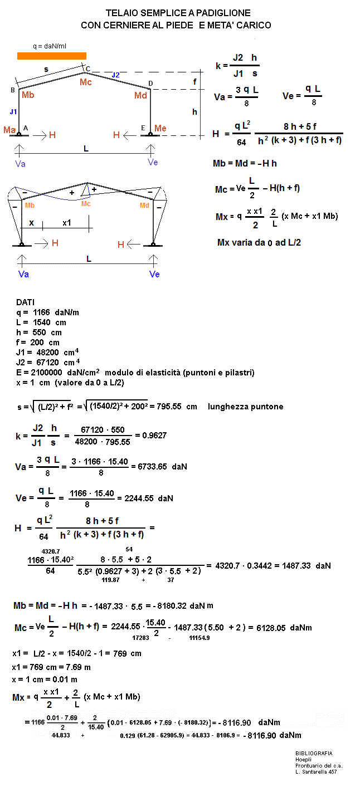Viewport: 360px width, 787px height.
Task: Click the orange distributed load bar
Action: click(x=52, y=56)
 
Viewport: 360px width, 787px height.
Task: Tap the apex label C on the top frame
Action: click(x=87, y=69)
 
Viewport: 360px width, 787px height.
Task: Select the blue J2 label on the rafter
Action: click(x=115, y=75)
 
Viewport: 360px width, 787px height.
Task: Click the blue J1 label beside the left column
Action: click(x=13, y=111)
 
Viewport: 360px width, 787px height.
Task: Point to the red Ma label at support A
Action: click(x=9, y=130)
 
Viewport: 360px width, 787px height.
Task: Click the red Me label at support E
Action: click(x=160, y=129)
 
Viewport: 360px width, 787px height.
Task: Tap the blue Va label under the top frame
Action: click(x=20, y=164)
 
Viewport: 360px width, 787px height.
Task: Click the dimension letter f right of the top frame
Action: click(x=194, y=82)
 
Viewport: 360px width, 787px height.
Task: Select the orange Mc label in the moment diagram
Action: click(x=86, y=204)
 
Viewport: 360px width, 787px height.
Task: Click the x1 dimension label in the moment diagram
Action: click(x=67, y=222)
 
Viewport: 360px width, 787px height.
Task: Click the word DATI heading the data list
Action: click(x=25, y=302)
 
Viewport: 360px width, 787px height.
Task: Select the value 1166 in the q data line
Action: click(x=42, y=312)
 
